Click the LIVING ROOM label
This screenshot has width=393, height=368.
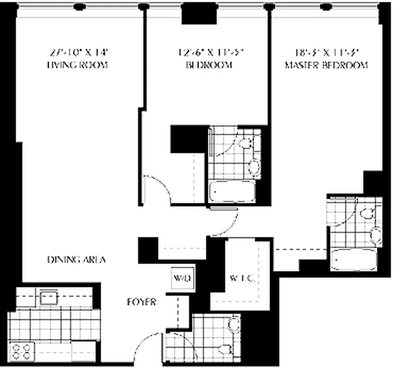click(x=77, y=65)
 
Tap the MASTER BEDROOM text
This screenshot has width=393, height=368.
click(x=326, y=65)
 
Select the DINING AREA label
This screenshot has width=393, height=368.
click(x=76, y=259)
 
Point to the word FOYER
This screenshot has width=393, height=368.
click(x=141, y=302)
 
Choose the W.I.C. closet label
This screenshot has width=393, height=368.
click(x=242, y=278)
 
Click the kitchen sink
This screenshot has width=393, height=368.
click(x=48, y=297)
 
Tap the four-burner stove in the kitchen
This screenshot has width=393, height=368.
click(x=23, y=351)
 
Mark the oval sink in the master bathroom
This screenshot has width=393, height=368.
click(x=376, y=236)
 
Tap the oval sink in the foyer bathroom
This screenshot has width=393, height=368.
click(x=224, y=350)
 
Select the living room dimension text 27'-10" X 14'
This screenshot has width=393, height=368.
click(x=77, y=52)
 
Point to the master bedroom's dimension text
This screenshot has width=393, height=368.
click(x=326, y=52)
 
